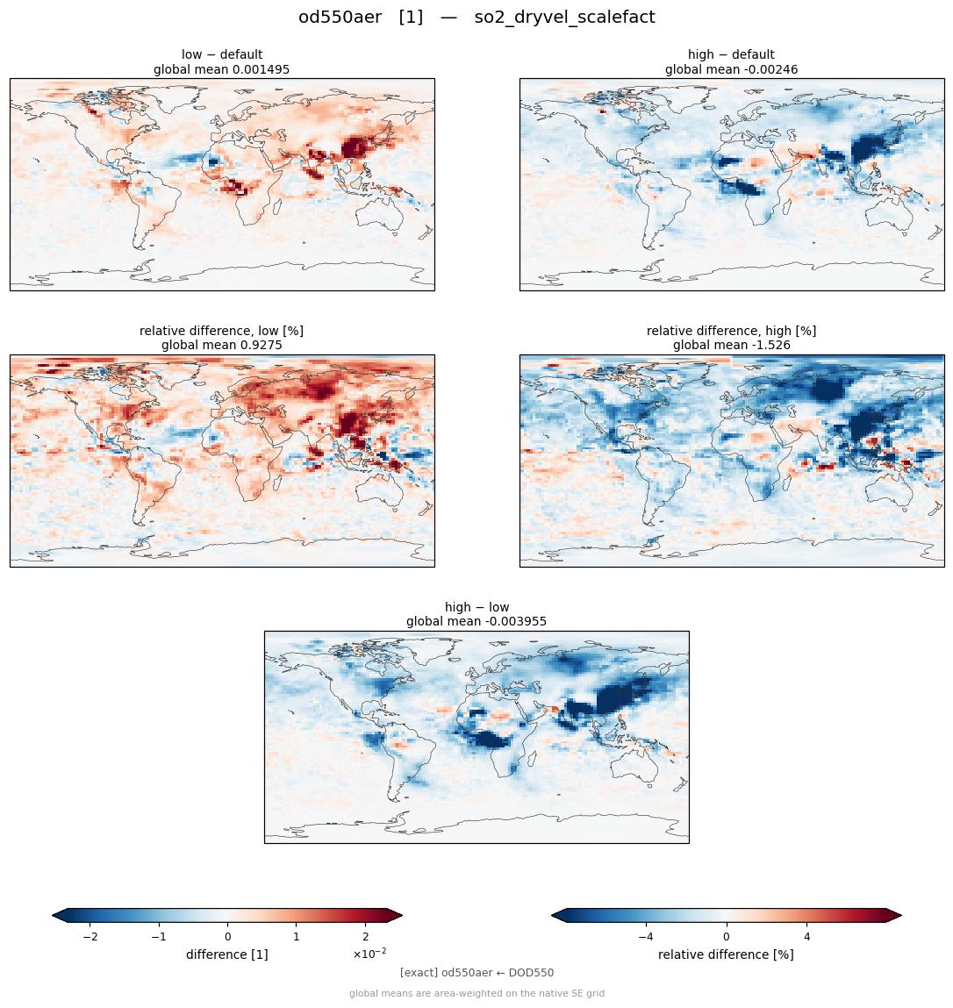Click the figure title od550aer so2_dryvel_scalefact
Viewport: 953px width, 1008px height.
coord(476,18)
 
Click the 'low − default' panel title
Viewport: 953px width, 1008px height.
coord(222,54)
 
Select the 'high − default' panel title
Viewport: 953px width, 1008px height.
coord(731,54)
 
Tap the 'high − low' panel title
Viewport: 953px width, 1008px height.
coord(476,607)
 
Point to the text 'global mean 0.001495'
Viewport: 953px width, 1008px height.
coord(222,69)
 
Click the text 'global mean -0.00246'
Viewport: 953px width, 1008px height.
coord(731,69)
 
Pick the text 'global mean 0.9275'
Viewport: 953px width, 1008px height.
coord(222,346)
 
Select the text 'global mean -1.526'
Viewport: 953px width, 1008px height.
coord(731,346)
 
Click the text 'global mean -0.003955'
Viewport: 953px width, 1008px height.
coord(476,622)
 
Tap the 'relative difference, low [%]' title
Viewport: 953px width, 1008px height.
coord(222,331)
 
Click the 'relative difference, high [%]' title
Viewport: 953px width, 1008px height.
coord(731,331)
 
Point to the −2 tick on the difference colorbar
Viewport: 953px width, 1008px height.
coord(90,937)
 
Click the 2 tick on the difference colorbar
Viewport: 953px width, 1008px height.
coord(365,937)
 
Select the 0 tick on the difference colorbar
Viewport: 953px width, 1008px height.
coord(227,937)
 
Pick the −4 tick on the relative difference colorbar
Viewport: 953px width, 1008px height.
coord(646,937)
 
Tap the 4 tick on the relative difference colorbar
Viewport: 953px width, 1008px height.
coord(807,937)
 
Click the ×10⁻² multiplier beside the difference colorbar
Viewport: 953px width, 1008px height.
coord(369,954)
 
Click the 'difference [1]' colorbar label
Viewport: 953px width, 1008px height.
coord(227,954)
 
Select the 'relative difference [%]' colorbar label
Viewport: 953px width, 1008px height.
coord(726,954)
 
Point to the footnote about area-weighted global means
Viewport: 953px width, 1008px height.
coord(476,994)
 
